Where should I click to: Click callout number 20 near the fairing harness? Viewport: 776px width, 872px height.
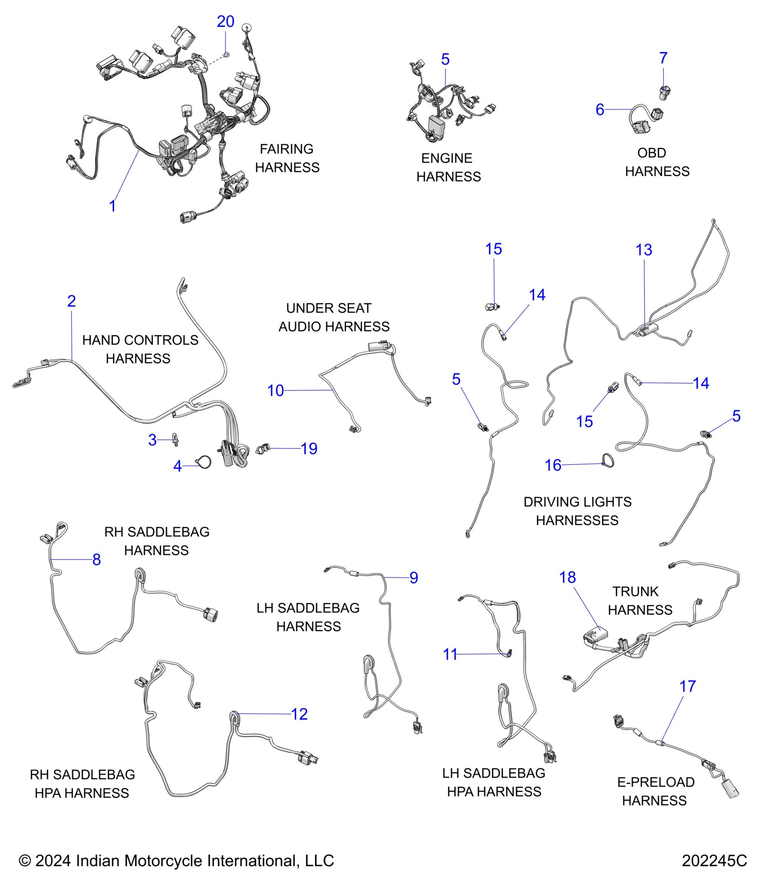point(225,21)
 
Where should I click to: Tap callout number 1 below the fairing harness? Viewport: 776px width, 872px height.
point(112,206)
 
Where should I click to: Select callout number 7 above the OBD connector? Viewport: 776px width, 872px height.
point(663,58)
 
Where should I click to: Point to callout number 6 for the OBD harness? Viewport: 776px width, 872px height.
point(600,109)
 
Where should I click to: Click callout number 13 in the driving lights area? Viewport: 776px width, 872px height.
point(644,250)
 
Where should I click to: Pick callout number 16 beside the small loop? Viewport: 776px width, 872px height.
point(553,465)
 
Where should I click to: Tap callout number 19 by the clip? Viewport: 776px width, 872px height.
point(309,449)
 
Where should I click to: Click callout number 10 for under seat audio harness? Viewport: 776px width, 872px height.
point(275,390)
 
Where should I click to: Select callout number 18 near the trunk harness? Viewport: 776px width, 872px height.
point(567,577)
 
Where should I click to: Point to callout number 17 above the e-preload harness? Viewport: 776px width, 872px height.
point(687,686)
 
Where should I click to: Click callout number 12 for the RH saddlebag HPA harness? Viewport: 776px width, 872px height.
point(299,714)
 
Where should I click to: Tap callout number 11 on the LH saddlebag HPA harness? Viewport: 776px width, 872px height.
point(450,654)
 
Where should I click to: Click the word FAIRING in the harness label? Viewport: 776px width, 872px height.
point(286,149)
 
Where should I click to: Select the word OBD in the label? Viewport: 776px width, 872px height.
point(651,153)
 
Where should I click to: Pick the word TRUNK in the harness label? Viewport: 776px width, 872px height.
point(635,592)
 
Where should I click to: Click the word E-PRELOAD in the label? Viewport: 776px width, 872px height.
point(655,782)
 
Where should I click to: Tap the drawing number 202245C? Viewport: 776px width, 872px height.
point(714,861)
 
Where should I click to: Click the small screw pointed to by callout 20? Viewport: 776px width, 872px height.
point(226,54)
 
